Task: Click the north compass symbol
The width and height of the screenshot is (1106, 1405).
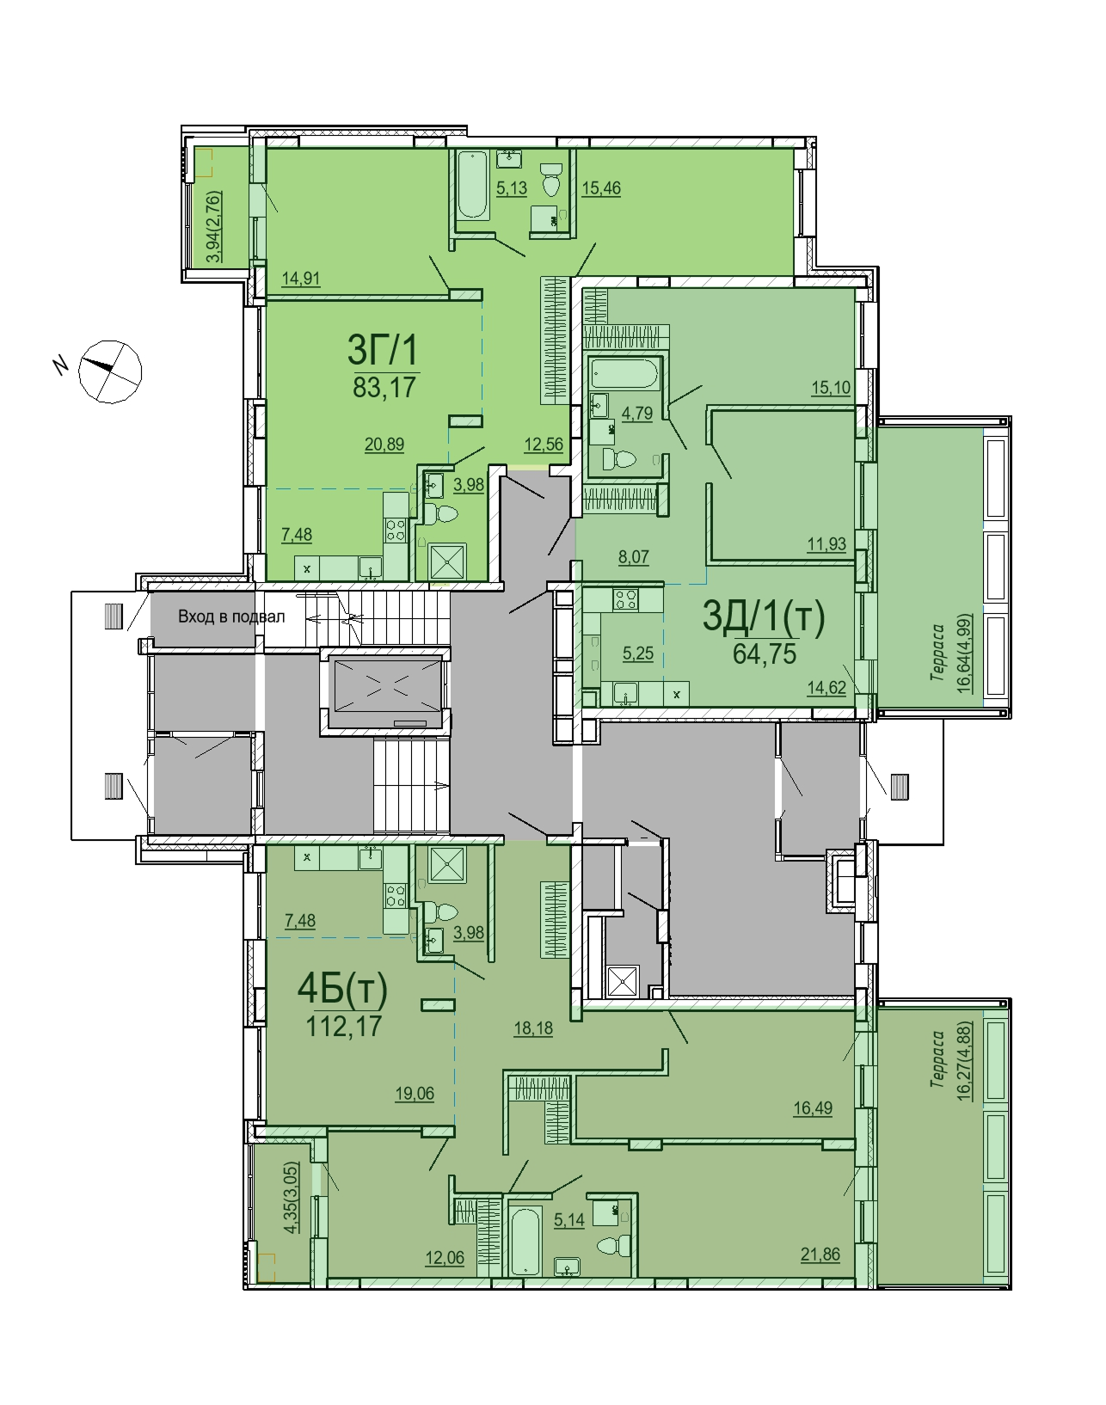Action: tap(110, 371)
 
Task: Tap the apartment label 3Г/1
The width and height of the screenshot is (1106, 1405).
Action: tap(383, 350)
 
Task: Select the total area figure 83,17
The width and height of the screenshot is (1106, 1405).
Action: tap(384, 387)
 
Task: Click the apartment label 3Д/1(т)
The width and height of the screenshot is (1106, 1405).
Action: tap(764, 617)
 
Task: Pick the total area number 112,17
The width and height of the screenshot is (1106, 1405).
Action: tap(344, 1027)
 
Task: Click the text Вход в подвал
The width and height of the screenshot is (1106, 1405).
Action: tap(231, 617)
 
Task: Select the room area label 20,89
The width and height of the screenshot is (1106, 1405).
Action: tap(384, 445)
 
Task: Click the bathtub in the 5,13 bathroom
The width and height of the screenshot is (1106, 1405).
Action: tap(473, 186)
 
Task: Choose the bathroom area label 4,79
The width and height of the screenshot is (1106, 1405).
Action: tap(637, 414)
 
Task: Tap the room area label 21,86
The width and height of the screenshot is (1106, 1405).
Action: tap(820, 1255)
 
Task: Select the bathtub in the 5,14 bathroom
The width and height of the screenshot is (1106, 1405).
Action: tap(525, 1241)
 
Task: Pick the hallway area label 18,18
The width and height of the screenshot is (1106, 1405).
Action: tap(533, 1028)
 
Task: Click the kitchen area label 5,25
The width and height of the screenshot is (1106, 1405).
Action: tap(637, 653)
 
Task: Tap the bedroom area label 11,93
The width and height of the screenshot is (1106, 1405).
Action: tap(826, 543)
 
